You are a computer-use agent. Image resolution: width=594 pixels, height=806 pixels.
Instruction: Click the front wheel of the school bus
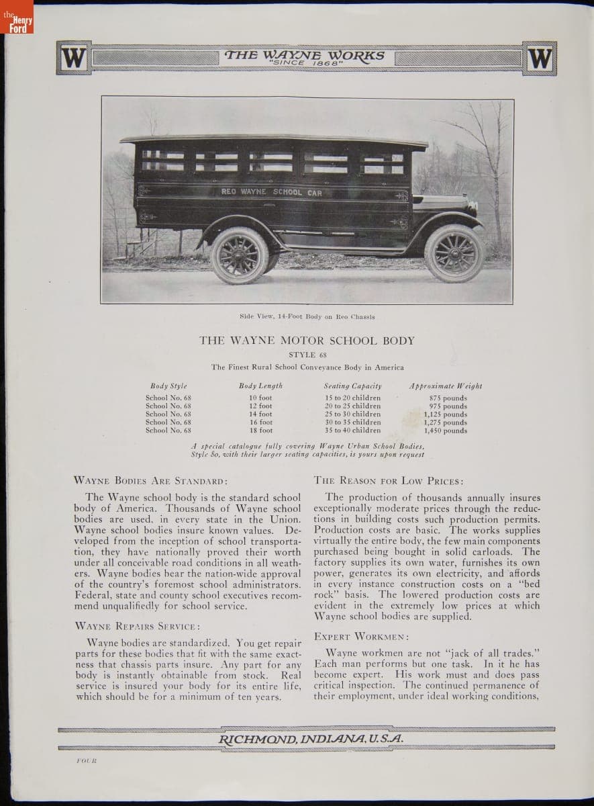(454, 253)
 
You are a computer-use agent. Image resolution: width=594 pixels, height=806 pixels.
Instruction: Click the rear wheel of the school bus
(240, 255)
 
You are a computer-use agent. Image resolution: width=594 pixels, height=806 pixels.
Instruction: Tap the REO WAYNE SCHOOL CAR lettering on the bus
(271, 192)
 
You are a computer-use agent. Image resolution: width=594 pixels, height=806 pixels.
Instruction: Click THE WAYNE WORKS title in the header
(306, 55)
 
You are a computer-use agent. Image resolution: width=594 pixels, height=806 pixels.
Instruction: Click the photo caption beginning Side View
(307, 316)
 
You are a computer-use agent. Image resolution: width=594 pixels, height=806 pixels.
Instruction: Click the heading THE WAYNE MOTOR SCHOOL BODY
(307, 341)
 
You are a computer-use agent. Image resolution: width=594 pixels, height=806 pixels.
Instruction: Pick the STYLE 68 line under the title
(307, 355)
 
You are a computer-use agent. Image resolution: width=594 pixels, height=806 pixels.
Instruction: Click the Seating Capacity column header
(352, 386)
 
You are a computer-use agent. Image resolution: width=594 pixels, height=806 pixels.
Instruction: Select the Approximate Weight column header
(446, 386)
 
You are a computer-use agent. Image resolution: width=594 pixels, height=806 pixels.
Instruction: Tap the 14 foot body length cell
(260, 414)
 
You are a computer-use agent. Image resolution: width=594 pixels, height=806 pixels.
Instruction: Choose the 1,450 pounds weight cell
(446, 431)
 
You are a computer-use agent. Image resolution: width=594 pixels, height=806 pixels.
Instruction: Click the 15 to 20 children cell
(352, 398)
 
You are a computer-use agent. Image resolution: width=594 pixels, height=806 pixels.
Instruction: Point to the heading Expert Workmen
(361, 635)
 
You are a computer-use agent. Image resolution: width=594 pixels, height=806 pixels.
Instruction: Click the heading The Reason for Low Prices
(388, 481)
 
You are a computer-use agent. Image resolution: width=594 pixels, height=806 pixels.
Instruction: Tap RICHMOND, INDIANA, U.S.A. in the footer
(310, 739)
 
